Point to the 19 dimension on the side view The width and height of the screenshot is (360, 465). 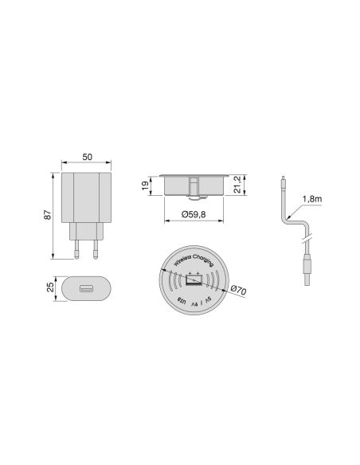pos(145,186)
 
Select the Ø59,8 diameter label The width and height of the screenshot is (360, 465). pos(194,213)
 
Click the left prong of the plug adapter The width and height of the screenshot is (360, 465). pos(76,252)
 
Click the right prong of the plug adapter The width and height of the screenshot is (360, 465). pos(96,252)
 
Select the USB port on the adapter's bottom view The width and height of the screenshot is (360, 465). pos(86,287)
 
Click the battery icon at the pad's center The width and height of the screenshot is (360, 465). pos(194,282)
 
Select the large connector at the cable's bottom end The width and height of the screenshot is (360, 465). pos(306,271)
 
